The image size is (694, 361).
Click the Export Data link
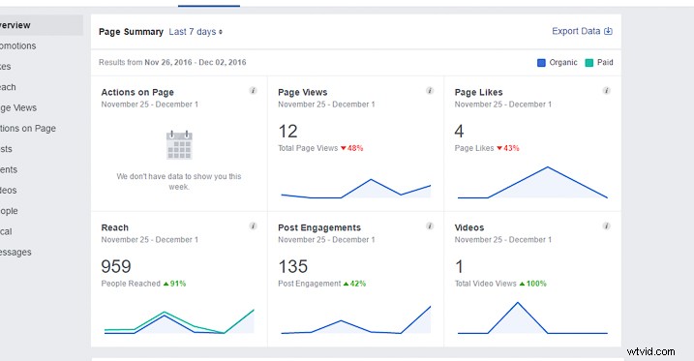point(582,31)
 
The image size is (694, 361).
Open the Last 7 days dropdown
point(196,32)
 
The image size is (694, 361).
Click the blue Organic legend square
point(541,63)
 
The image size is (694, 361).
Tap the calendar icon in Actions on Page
point(179,145)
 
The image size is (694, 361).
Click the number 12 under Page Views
point(287,131)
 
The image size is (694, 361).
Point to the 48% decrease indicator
point(350,148)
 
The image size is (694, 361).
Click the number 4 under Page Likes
point(460,131)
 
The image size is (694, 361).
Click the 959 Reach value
point(115,266)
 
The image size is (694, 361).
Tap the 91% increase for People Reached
point(173,284)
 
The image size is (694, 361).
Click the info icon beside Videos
point(606,226)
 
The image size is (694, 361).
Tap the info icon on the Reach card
point(253,226)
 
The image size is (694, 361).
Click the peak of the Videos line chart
point(518,303)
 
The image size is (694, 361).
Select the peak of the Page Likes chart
point(547,166)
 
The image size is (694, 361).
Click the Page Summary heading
point(131,32)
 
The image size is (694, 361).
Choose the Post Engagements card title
point(319,228)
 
